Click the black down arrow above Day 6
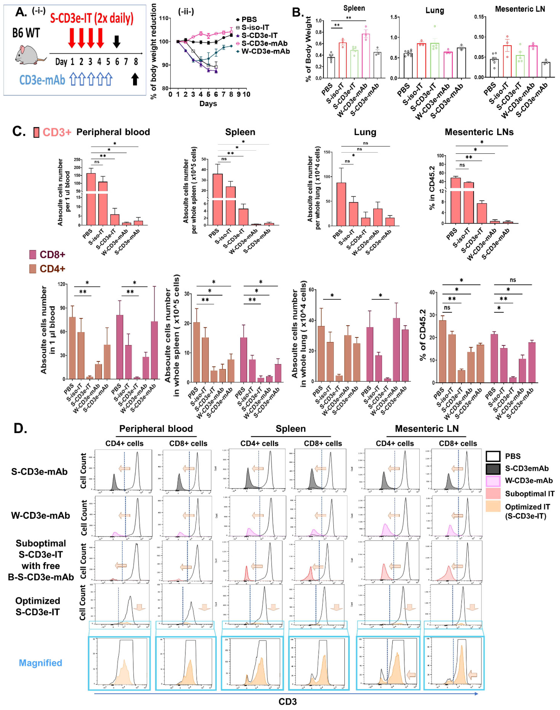tap(116, 41)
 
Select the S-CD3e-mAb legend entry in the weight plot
tap(264, 43)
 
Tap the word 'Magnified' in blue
tap(40, 663)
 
